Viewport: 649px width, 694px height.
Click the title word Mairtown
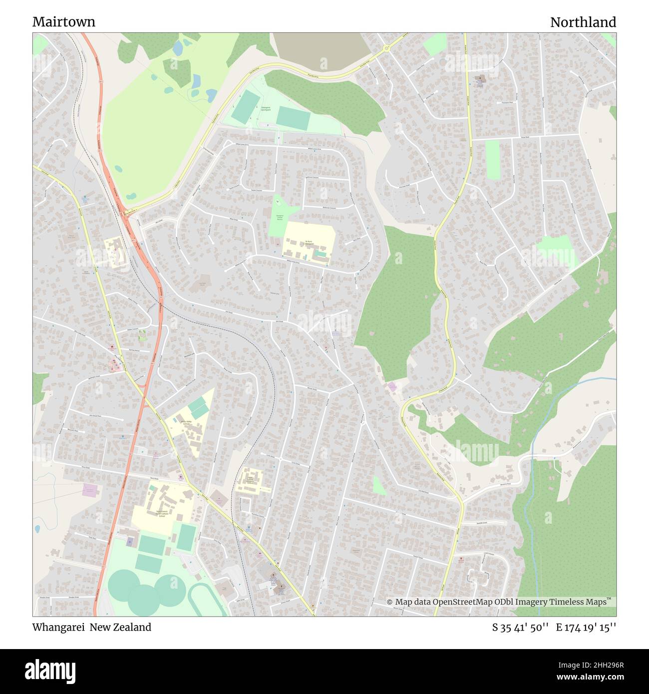coord(64,22)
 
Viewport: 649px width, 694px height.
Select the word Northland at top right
coord(583,22)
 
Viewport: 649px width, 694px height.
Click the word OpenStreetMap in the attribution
coord(463,602)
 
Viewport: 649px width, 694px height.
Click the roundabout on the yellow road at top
coord(386,48)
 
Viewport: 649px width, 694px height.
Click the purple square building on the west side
coord(90,490)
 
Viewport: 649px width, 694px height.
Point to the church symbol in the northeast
coord(481,78)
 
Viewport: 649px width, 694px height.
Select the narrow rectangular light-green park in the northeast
coord(492,160)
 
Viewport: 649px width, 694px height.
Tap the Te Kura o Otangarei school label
coord(309,243)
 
